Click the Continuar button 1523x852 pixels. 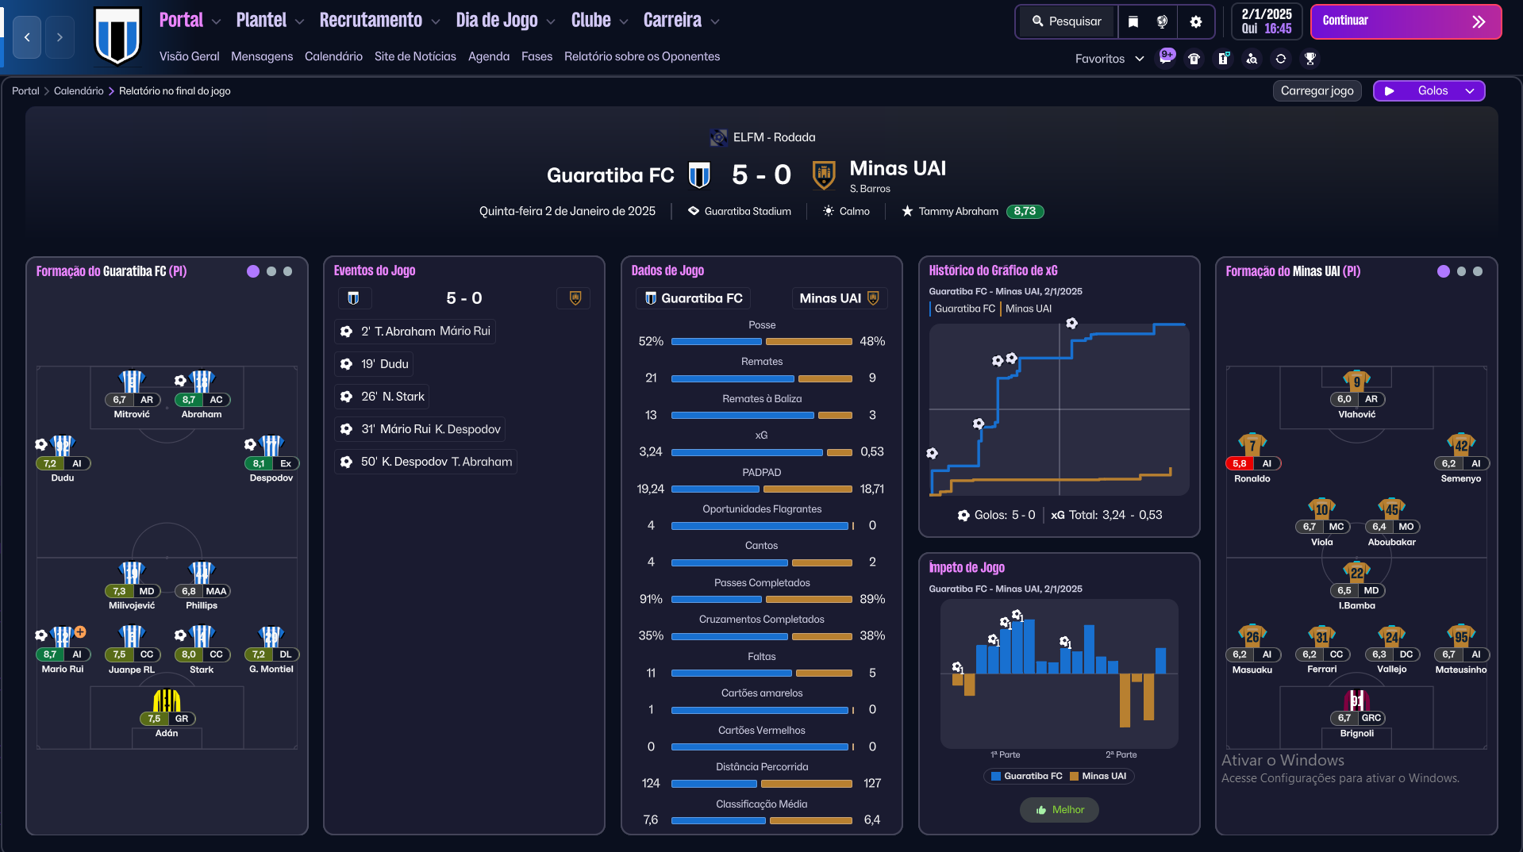(x=1405, y=21)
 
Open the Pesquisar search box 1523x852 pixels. (x=1067, y=21)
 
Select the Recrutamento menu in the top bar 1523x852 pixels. (x=371, y=21)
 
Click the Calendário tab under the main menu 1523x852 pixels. (x=333, y=56)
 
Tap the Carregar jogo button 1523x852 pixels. (x=1317, y=90)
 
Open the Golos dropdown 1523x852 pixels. (x=1429, y=90)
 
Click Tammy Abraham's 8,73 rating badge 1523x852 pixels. (x=1024, y=211)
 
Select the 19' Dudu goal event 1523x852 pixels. (x=374, y=364)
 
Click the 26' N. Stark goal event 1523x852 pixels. (x=383, y=397)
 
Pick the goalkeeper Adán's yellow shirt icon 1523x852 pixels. (x=167, y=700)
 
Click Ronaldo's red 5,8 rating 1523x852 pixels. (x=1240, y=463)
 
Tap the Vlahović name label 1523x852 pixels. (x=1356, y=414)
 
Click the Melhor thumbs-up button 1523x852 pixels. (x=1059, y=810)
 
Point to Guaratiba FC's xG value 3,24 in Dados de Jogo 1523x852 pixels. (x=650, y=451)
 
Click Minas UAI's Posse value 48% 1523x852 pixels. (x=871, y=341)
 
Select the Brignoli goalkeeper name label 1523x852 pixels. (x=1356, y=733)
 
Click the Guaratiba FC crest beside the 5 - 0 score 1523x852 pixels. (x=698, y=175)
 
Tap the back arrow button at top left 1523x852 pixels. (x=27, y=37)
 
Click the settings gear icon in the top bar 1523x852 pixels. (x=1195, y=21)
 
